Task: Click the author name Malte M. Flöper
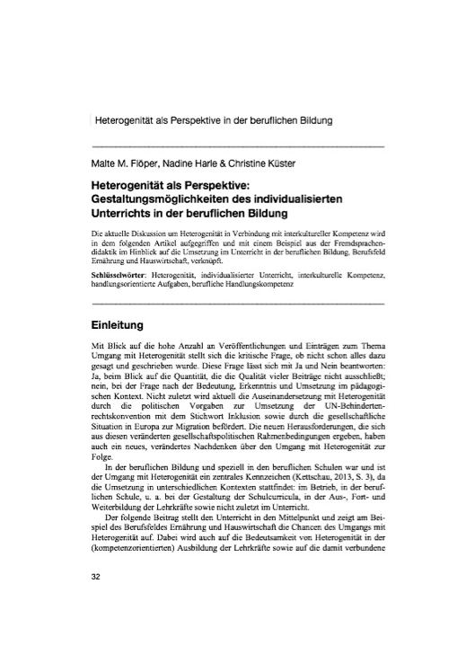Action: pos(124,163)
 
